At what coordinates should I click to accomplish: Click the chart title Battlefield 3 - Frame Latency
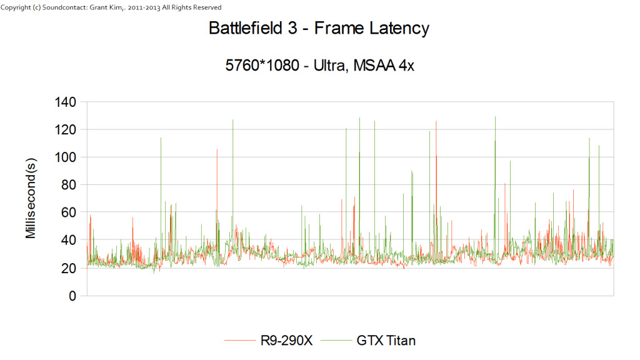(x=319, y=28)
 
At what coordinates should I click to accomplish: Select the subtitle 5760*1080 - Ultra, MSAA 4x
(x=319, y=66)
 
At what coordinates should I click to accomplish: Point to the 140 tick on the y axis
(x=66, y=102)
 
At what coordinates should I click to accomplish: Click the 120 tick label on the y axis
(x=66, y=129)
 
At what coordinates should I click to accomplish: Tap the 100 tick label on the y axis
(x=66, y=157)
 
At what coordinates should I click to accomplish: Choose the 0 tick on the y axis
(x=72, y=296)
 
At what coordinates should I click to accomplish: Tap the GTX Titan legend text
(x=386, y=341)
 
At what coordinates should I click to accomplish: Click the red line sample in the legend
(x=238, y=341)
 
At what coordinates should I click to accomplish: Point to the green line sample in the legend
(x=338, y=341)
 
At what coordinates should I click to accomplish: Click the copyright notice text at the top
(x=111, y=7)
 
